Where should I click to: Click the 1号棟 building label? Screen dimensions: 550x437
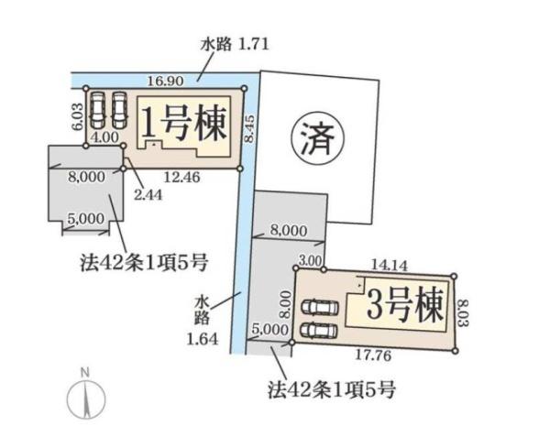[183, 123]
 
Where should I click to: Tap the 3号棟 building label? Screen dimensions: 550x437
[404, 306]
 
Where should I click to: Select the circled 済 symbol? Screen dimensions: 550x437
[318, 138]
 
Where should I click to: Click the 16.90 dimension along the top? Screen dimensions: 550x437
[165, 82]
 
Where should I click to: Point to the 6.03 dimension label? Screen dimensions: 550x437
[79, 116]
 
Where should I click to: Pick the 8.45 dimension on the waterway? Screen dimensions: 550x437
[249, 128]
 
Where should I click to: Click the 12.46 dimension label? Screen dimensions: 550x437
[182, 177]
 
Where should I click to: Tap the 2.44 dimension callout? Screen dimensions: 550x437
[148, 195]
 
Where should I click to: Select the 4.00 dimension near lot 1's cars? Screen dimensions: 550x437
[104, 137]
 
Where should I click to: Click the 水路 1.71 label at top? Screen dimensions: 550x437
[235, 45]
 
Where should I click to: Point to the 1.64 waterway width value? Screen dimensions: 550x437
[203, 339]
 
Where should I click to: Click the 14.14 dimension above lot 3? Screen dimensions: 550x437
[390, 265]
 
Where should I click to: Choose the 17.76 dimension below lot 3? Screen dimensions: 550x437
[373, 355]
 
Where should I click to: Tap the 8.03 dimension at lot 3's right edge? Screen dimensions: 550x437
[463, 312]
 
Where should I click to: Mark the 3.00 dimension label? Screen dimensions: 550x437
[310, 261]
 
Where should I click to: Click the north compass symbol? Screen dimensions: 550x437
[86, 394]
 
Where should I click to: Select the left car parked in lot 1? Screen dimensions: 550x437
[97, 110]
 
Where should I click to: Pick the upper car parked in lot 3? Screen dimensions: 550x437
[320, 308]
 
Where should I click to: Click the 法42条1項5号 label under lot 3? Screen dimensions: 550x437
[332, 390]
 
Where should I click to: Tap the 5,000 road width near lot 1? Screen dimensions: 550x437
[85, 219]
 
